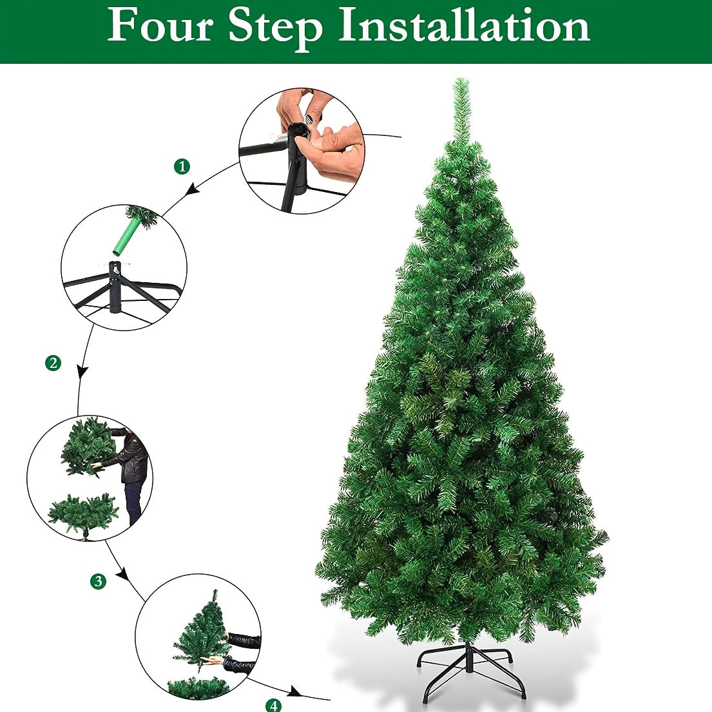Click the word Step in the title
pos(276,27)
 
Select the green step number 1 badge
pos(182,167)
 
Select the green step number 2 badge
pos(53,363)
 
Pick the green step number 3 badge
pos(97,581)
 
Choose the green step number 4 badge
pos(274,705)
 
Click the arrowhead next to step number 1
pos(191,190)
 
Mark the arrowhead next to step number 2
pos(82,372)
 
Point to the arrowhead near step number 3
pos(122,573)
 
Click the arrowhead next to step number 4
pos(294,692)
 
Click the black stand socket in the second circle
pos(115,287)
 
